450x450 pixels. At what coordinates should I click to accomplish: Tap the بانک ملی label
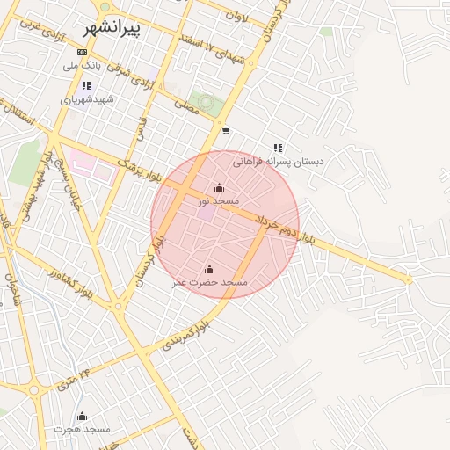coord(83,66)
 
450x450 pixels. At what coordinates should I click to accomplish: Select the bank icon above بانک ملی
coord(83,53)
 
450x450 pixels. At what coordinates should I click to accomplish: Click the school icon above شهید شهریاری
coord(86,86)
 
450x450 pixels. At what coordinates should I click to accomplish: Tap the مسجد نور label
coord(219,201)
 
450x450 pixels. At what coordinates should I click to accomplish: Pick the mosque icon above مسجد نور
coord(219,188)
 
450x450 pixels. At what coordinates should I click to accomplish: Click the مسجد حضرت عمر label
coord(210,282)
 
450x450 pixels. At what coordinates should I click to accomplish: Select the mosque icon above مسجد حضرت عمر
coord(209,269)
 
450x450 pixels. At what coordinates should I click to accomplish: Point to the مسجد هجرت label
coord(82,429)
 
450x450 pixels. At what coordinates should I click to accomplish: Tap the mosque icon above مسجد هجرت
coord(83,416)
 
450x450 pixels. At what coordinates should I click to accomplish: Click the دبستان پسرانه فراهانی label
coord(279,162)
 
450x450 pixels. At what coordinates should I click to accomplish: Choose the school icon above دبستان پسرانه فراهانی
coord(278,149)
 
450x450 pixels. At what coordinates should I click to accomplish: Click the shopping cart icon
coord(226,131)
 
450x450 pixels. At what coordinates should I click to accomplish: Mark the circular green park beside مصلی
coord(207,103)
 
